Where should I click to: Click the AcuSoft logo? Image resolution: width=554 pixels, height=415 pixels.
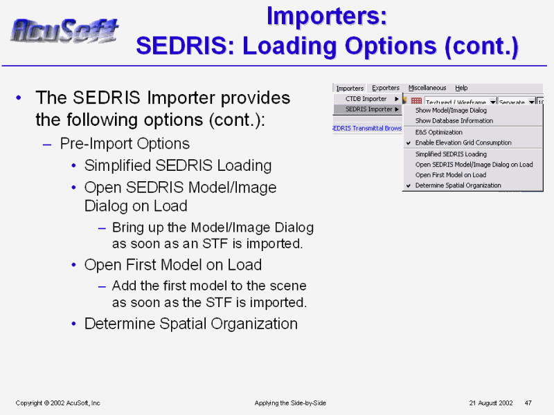point(64,30)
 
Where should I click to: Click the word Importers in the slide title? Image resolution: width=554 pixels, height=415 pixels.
point(327,16)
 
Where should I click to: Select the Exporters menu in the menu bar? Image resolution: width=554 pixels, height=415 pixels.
point(386,88)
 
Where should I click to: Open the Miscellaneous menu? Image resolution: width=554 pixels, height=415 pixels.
point(427,88)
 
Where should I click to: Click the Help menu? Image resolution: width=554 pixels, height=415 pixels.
point(461,88)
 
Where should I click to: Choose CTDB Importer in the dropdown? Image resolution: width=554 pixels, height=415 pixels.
point(366,99)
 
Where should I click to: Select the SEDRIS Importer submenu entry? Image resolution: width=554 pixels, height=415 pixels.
point(369,109)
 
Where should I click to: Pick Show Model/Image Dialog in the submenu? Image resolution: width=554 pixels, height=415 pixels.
point(451,111)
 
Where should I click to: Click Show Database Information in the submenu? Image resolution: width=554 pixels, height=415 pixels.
point(454,120)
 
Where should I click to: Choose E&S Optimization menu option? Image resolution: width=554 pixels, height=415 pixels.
point(439,132)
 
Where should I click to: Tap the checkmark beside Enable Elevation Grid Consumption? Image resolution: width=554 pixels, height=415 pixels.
point(409,143)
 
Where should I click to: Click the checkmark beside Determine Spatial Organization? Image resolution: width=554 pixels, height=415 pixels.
point(409,185)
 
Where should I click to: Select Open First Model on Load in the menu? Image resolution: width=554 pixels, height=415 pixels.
point(451,175)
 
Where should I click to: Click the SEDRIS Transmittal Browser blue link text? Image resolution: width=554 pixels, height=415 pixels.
point(367,129)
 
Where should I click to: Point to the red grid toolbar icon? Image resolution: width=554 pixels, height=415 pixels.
point(417,101)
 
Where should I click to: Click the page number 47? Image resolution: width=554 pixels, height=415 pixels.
point(528,403)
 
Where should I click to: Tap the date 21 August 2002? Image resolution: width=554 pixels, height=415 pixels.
point(491,403)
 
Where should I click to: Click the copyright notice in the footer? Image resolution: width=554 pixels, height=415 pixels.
point(58,403)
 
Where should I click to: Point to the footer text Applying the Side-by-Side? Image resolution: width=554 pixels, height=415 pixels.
point(290,403)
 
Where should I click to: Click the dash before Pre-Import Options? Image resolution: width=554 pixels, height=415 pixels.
point(47,145)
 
